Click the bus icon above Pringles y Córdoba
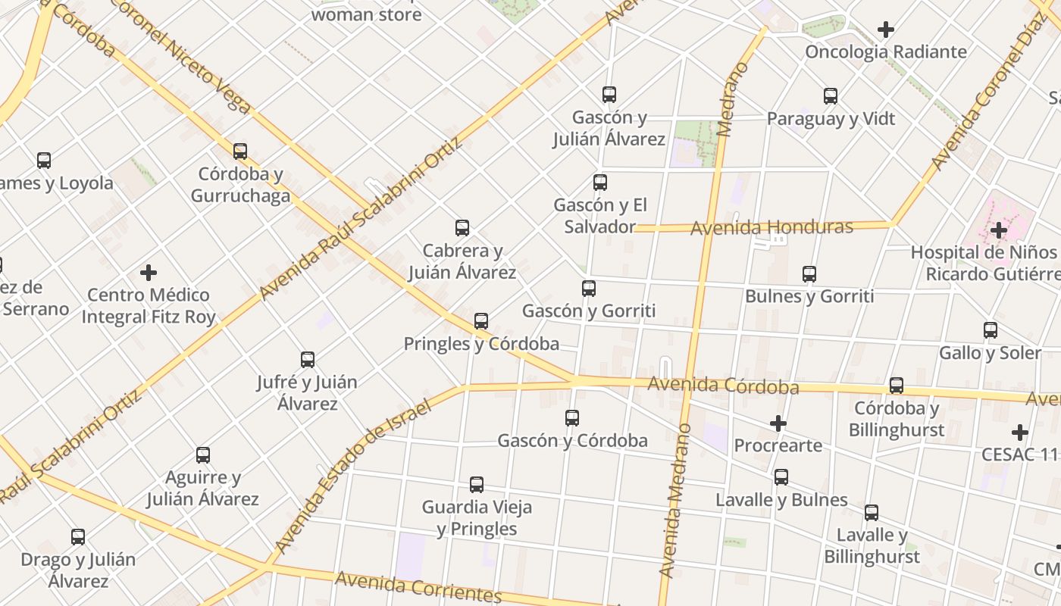pyautogui.click(x=481, y=321)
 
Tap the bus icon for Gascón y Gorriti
pyautogui.click(x=589, y=289)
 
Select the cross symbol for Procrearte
pyautogui.click(x=778, y=423)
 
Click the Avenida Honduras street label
pyautogui.click(x=771, y=227)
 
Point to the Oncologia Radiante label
pyautogui.click(x=886, y=52)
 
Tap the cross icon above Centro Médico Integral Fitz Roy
pyautogui.click(x=149, y=273)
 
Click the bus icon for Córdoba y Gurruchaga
pyautogui.click(x=240, y=151)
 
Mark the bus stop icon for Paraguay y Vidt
pyautogui.click(x=831, y=96)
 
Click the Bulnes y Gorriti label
pyautogui.click(x=809, y=296)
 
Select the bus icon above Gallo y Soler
pyautogui.click(x=991, y=330)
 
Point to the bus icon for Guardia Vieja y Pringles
pyautogui.click(x=477, y=485)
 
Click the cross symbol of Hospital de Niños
pyautogui.click(x=999, y=230)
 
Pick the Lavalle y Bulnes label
pyautogui.click(x=781, y=500)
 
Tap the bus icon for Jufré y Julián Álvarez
pyautogui.click(x=308, y=360)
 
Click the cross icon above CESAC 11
pyautogui.click(x=1020, y=433)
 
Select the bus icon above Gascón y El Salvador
pyautogui.click(x=600, y=183)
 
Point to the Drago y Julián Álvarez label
pyautogui.click(x=78, y=570)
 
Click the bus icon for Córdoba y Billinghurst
pyautogui.click(x=897, y=386)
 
